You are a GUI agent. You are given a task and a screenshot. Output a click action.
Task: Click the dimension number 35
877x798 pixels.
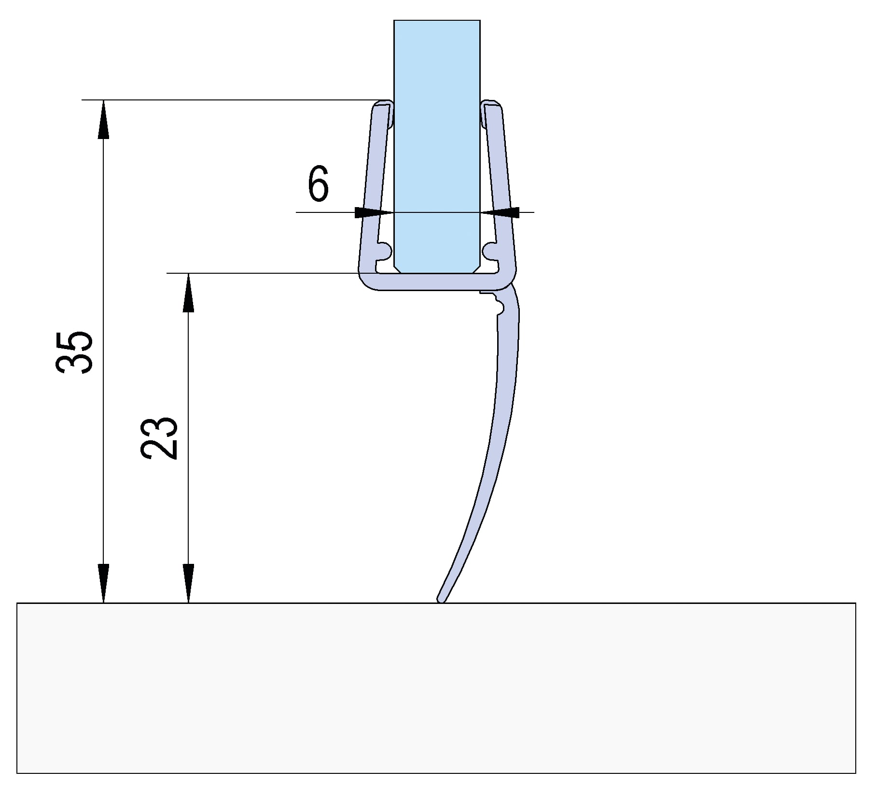[73, 352]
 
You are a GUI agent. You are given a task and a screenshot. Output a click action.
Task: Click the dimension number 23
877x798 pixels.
[159, 437]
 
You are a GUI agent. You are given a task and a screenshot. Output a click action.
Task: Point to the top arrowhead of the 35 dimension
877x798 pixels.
[103, 119]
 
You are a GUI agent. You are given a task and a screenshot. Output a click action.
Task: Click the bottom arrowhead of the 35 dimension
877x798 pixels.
[103, 583]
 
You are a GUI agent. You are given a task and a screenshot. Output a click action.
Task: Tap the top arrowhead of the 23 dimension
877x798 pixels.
[188, 293]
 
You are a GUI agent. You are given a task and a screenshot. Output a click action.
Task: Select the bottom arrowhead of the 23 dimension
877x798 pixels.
[188, 583]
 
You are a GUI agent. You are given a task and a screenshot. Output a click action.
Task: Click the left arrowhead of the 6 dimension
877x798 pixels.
[374, 212]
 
